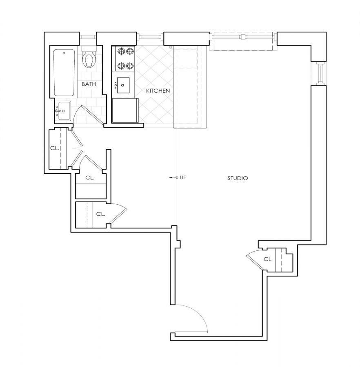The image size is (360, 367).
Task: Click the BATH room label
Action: click(89, 84)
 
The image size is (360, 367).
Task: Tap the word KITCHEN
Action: click(158, 91)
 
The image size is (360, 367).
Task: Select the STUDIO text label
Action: click(238, 178)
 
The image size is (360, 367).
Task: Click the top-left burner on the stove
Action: click(121, 51)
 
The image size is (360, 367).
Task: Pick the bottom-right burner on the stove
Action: click(130, 65)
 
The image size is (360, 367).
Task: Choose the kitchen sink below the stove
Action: click(123, 85)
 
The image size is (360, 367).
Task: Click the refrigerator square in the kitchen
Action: click(124, 110)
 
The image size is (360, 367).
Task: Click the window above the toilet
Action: click(88, 38)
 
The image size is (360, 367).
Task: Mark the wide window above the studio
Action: click(244, 38)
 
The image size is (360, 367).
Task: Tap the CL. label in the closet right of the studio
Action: click(268, 259)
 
